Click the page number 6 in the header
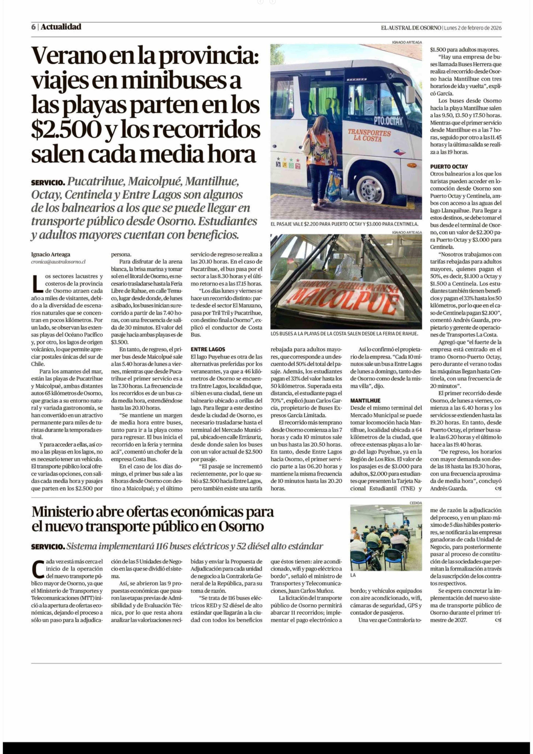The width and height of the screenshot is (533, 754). pos(33,27)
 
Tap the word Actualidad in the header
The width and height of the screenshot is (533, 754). pos(61,27)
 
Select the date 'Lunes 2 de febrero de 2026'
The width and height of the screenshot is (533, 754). pos(473,28)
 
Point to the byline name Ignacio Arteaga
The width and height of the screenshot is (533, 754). pos(51,254)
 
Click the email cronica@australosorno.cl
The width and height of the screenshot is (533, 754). pos(58,262)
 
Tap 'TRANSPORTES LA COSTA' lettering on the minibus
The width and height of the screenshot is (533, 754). pos(369,135)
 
